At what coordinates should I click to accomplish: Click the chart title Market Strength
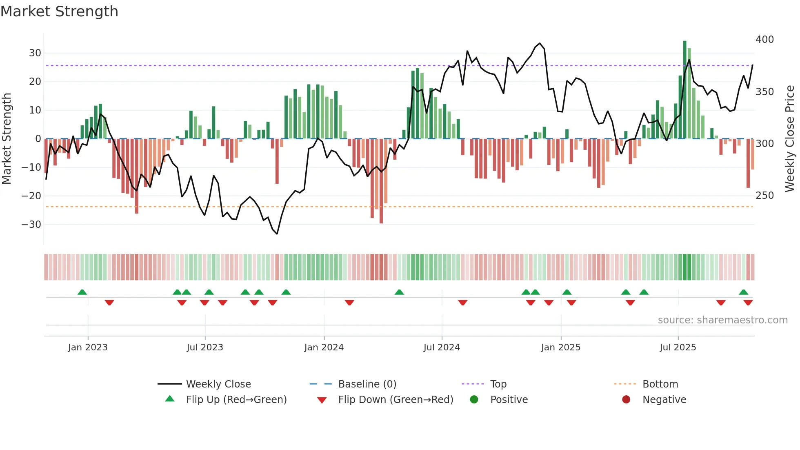59,11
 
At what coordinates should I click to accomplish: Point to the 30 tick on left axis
35,53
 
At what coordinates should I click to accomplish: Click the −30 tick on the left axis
31,225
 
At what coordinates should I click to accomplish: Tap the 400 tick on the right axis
764,40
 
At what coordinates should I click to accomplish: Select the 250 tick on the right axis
764,196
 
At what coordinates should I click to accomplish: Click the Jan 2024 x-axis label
324,348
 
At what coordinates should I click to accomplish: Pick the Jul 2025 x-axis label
678,348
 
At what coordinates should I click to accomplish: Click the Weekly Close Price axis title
790,139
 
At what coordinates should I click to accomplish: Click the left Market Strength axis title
7,139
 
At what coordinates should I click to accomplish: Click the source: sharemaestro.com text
722,320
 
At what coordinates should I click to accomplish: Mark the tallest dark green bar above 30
685,90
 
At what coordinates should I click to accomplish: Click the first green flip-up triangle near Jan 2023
82,292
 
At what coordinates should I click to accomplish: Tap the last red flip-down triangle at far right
748,303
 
